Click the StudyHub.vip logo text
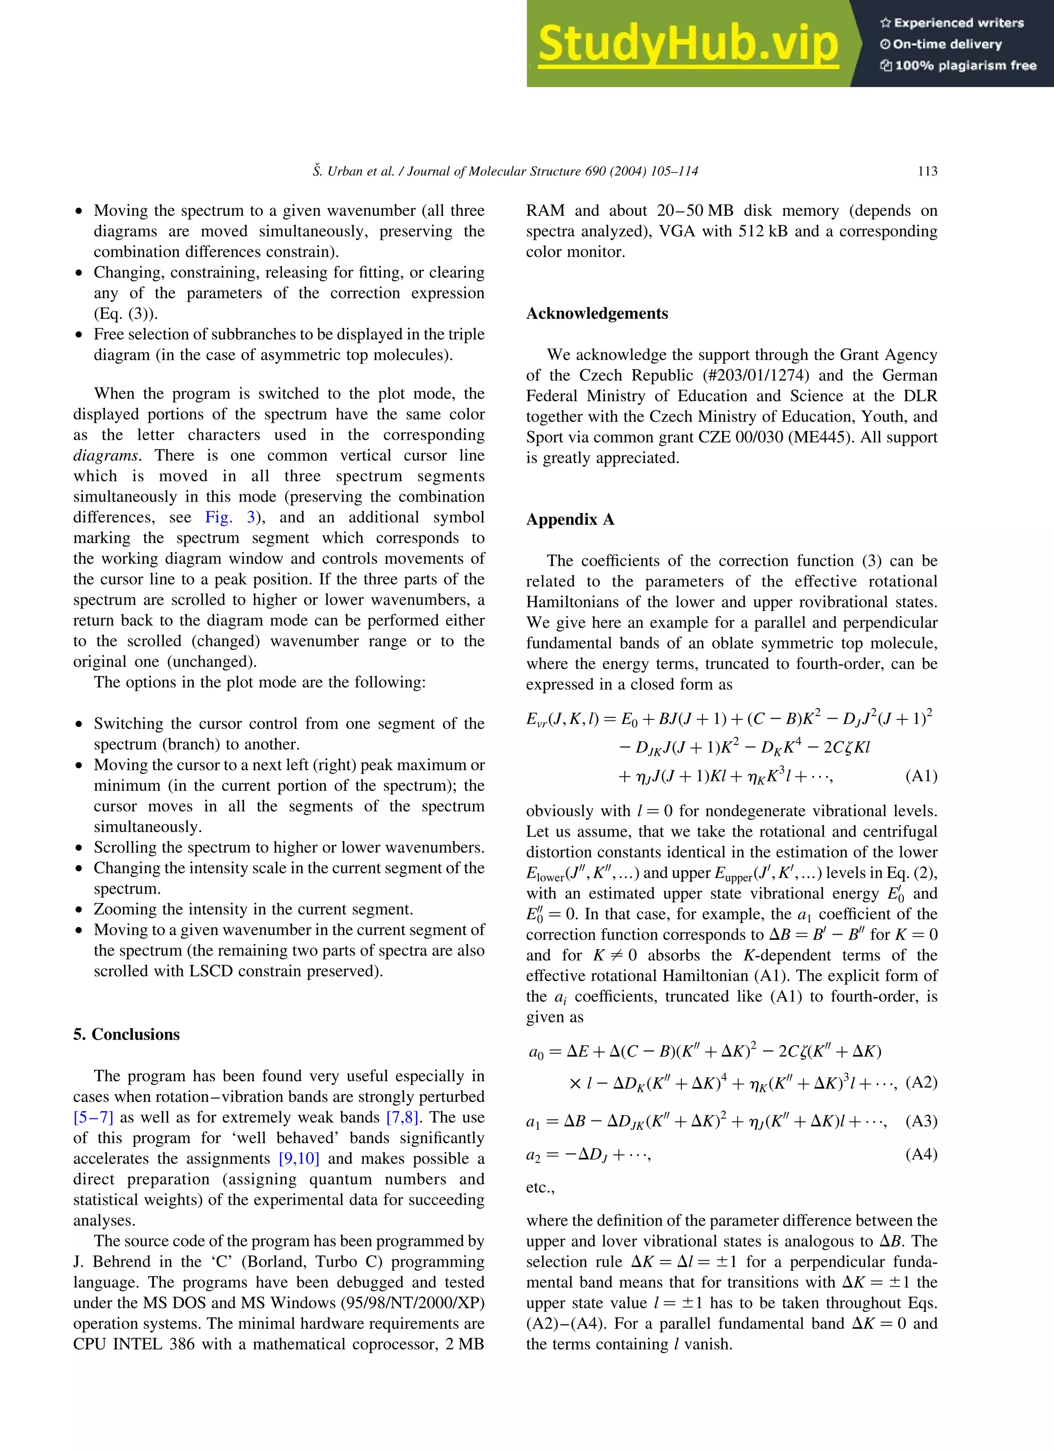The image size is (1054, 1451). click(x=688, y=43)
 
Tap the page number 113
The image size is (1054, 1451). click(x=927, y=171)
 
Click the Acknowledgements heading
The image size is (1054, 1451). click(x=596, y=314)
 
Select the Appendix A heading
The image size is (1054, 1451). click(x=569, y=520)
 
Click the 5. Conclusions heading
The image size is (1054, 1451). click(x=126, y=1034)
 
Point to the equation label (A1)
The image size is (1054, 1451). click(x=921, y=776)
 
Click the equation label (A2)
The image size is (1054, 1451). click(x=921, y=1082)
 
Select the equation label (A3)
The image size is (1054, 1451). click(x=921, y=1121)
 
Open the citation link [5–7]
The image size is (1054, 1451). click(x=93, y=1117)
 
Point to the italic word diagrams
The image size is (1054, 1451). click(x=106, y=456)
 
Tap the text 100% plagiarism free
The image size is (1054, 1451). click(x=965, y=65)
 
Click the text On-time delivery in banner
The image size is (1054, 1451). click(x=946, y=44)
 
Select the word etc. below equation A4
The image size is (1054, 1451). click(x=539, y=1187)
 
